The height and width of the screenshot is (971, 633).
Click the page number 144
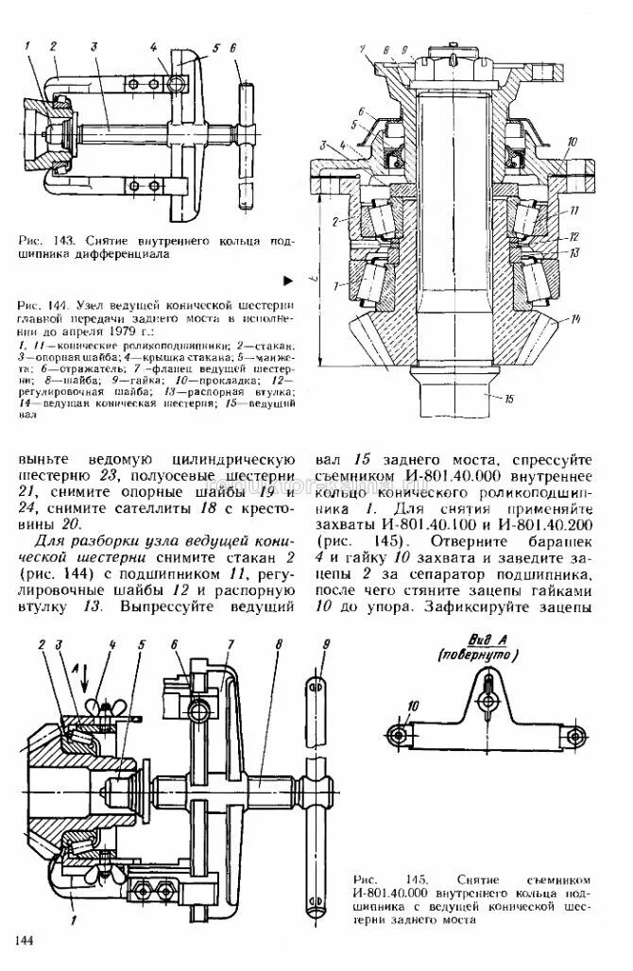(x=26, y=940)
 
